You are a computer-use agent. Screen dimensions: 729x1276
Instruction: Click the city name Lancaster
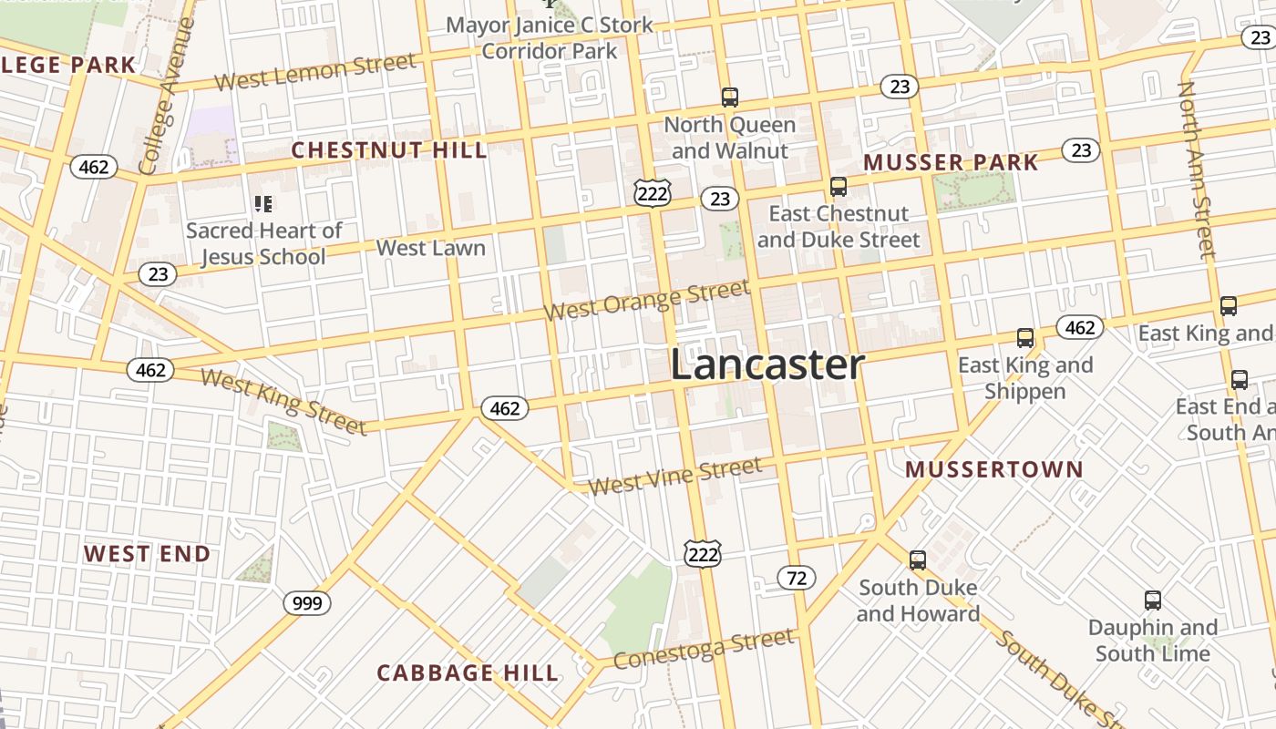pyautogui.click(x=767, y=365)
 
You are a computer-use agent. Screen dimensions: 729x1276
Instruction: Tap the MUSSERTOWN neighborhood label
pyautogui.click(x=994, y=470)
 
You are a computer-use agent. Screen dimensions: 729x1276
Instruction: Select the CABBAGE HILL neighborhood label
pyautogui.click(x=468, y=673)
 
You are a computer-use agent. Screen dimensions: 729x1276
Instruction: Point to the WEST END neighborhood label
pyautogui.click(x=148, y=554)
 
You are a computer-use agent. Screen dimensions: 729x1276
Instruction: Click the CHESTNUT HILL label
pyautogui.click(x=389, y=150)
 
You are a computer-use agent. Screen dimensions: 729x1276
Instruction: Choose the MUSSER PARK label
pyautogui.click(x=951, y=163)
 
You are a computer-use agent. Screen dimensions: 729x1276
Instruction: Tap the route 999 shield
pyautogui.click(x=306, y=603)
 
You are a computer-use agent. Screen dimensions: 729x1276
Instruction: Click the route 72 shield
pyautogui.click(x=797, y=578)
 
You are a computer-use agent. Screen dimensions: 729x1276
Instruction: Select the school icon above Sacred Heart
pyautogui.click(x=263, y=204)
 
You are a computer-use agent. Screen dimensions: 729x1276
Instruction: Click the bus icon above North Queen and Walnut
pyautogui.click(x=729, y=97)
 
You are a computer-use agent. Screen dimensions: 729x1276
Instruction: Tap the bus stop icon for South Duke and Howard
pyautogui.click(x=918, y=560)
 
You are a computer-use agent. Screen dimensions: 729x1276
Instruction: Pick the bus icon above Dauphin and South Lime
pyautogui.click(x=1153, y=601)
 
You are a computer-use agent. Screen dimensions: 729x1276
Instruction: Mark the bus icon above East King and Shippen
pyautogui.click(x=1025, y=338)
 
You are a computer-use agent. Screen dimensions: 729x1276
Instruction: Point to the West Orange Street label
pyautogui.click(x=647, y=301)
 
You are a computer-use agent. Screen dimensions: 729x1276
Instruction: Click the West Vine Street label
pyautogui.click(x=674, y=477)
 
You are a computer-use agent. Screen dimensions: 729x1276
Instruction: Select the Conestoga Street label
pyautogui.click(x=703, y=649)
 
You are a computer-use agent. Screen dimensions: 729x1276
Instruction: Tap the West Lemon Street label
pyautogui.click(x=315, y=73)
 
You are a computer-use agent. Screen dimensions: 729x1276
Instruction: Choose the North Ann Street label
pyautogui.click(x=1198, y=169)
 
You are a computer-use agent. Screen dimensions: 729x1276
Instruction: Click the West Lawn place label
pyautogui.click(x=430, y=248)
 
